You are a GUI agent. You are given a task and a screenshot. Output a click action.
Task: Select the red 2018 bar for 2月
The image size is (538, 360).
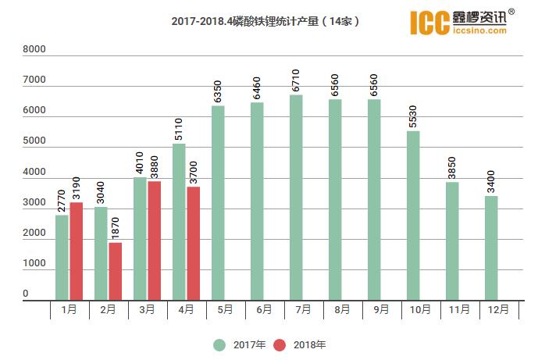tap(115, 271)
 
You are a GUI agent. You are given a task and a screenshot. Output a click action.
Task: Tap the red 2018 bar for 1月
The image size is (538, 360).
tap(76, 251)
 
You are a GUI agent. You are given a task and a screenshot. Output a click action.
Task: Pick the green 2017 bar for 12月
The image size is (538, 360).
tap(491, 248)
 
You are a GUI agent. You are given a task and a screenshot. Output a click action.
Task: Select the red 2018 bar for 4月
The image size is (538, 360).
tap(193, 243)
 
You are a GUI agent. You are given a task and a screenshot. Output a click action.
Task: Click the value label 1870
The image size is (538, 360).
tap(116, 230)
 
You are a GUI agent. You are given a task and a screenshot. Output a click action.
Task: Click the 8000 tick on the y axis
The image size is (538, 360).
tap(35, 49)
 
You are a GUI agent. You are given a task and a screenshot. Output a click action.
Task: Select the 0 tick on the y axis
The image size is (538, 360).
tap(26, 294)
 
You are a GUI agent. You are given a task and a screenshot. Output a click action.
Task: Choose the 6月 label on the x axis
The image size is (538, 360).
tap(264, 309)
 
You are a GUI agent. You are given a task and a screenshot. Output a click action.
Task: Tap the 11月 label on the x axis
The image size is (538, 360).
tap(459, 309)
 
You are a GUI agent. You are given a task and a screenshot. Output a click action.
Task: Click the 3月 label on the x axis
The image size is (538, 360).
tap(147, 309)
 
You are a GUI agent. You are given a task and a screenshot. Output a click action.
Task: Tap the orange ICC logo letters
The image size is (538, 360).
tap(429, 22)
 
